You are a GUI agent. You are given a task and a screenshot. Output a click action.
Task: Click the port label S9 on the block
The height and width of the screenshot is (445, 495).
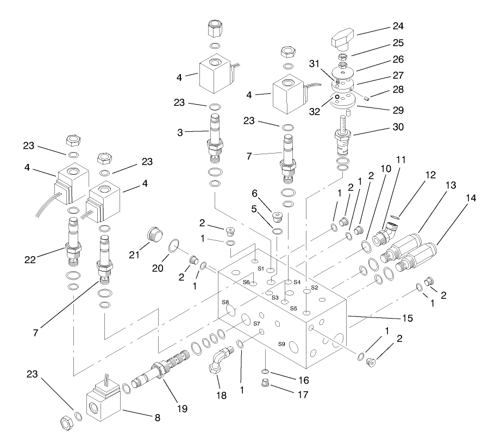281,344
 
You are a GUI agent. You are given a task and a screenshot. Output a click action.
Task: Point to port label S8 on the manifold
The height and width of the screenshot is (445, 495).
225,302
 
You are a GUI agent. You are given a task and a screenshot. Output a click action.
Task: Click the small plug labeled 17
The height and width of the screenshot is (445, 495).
266,386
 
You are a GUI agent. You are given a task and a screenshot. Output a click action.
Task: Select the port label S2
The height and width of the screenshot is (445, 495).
314,288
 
